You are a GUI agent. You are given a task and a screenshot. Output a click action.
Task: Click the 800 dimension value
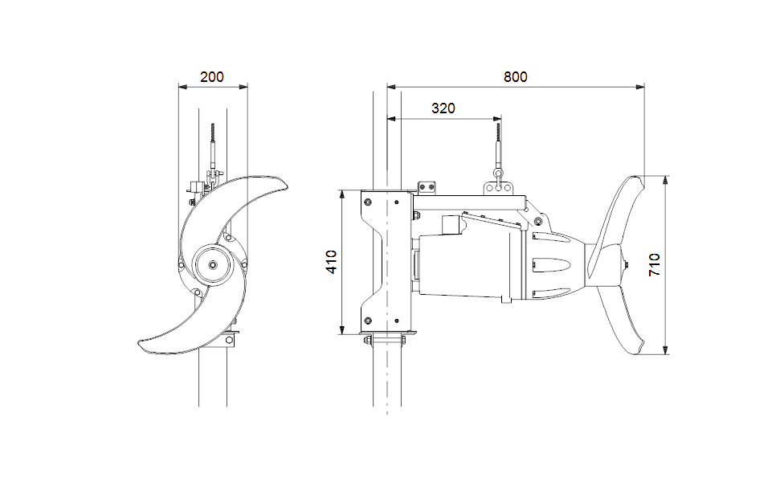(515, 77)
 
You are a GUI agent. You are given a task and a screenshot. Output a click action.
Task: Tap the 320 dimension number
(443, 108)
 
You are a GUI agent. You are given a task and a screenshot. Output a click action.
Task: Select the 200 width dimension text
(212, 77)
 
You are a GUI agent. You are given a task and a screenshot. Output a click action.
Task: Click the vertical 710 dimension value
(655, 264)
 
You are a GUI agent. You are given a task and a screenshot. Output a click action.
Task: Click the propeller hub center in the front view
(212, 264)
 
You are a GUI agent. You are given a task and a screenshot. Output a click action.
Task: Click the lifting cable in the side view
(499, 141)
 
